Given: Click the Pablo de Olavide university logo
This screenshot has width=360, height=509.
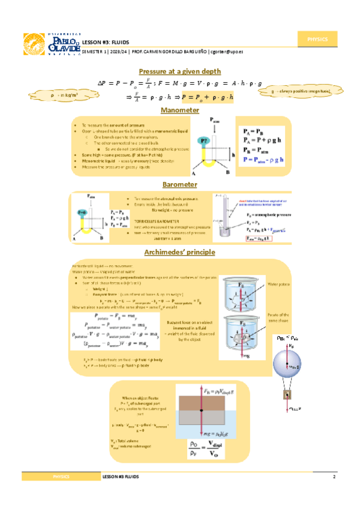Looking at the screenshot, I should [x=51, y=44].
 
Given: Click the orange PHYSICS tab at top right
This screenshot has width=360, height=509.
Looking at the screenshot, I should [x=317, y=39].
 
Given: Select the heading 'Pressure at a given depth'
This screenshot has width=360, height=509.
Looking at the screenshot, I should [x=180, y=71].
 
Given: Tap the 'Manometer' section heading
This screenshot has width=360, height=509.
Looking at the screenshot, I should [x=180, y=110].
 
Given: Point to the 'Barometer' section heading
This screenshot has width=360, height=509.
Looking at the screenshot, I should [x=180, y=184].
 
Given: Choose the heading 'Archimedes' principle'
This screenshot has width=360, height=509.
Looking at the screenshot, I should [x=180, y=252].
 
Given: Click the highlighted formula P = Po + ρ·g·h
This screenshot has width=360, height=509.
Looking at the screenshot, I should [x=207, y=97].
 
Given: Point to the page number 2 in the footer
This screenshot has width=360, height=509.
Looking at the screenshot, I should [x=334, y=476].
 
